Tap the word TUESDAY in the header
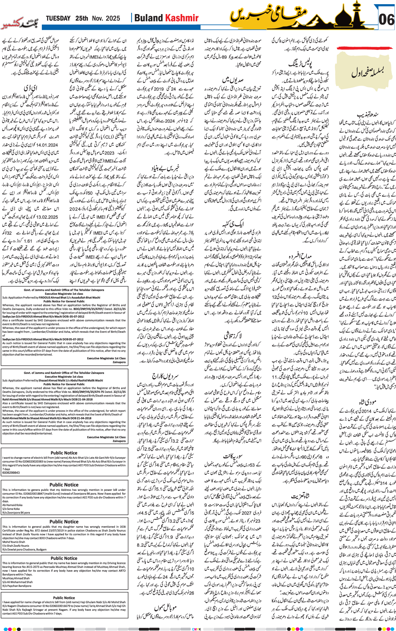pyautogui.click(x=58, y=18)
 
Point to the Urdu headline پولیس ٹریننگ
pyautogui.click(x=300, y=63)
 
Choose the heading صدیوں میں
pyautogui.click(x=232, y=79)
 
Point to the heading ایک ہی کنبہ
pyautogui.click(x=232, y=223)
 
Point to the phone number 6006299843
pyautogui.click(x=11, y=473)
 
